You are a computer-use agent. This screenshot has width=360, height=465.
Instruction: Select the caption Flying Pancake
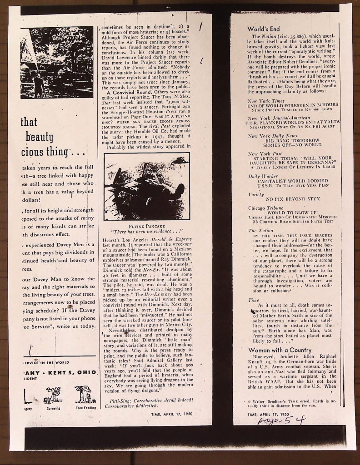(x=146, y=226)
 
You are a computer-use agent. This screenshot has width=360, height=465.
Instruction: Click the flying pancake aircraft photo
(x=147, y=186)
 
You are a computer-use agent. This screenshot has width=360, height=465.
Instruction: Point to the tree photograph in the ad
(x=57, y=62)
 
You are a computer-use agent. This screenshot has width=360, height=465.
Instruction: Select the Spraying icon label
(x=54, y=408)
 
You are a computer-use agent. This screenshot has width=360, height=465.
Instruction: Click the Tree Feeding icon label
(x=85, y=408)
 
